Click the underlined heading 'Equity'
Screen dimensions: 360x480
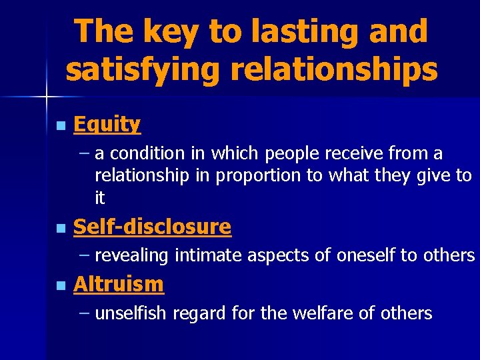click(107, 124)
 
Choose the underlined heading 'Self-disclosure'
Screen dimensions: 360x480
click(152, 227)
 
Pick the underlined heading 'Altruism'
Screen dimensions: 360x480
click(118, 285)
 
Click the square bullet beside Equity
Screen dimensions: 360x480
click(61, 125)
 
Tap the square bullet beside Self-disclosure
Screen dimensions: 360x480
click(61, 228)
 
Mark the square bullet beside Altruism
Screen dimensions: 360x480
click(61, 286)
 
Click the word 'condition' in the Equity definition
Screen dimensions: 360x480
click(147, 154)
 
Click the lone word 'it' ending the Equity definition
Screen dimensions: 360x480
click(100, 198)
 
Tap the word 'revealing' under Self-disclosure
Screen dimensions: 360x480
click(132, 256)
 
